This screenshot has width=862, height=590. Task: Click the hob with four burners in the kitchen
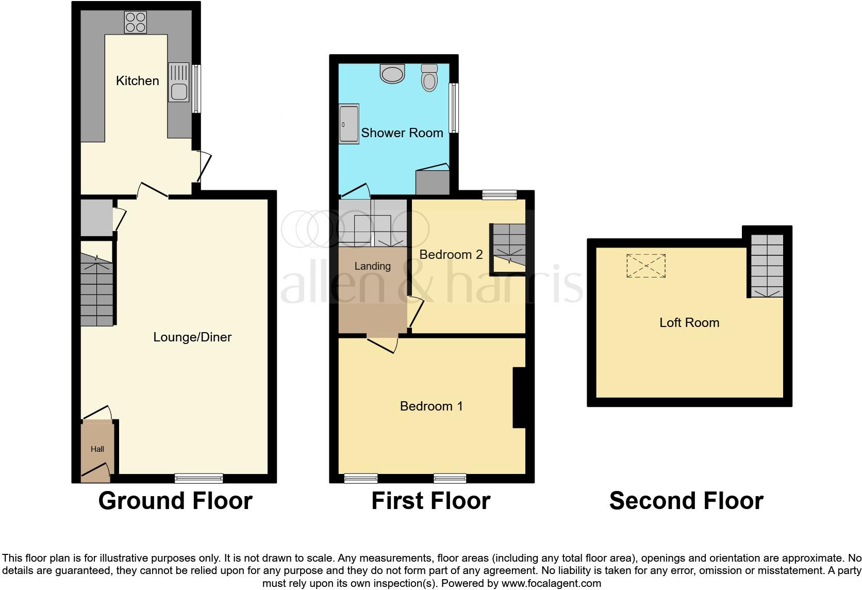click(x=136, y=22)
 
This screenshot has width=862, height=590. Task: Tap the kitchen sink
click(x=178, y=82)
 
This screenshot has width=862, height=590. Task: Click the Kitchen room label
click(x=137, y=80)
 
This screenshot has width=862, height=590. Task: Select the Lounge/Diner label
click(x=192, y=337)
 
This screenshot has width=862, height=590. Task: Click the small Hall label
click(x=97, y=449)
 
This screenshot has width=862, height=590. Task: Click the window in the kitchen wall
click(x=196, y=89)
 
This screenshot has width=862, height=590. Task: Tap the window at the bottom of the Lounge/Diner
click(x=198, y=479)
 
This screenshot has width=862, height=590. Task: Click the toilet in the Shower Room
click(x=429, y=78)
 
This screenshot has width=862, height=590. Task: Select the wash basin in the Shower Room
click(x=393, y=74)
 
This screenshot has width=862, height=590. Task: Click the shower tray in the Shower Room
click(x=349, y=124)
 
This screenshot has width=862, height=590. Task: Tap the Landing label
click(x=372, y=266)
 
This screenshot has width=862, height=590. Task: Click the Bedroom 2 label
click(x=451, y=254)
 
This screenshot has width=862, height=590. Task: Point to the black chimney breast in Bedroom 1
click(x=519, y=397)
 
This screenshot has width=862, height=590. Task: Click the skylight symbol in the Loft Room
click(x=646, y=266)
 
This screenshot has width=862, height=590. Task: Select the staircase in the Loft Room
click(x=767, y=266)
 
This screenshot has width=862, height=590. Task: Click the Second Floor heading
click(x=686, y=501)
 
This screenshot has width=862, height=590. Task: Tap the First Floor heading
click(x=430, y=501)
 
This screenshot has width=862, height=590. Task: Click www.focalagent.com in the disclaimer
click(x=551, y=584)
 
